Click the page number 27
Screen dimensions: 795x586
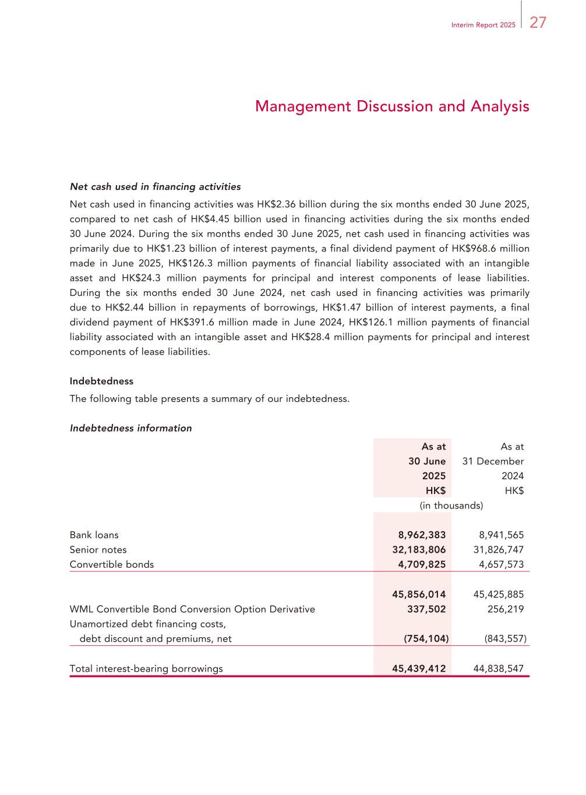(x=538, y=23)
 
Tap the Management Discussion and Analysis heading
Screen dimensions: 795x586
(x=392, y=107)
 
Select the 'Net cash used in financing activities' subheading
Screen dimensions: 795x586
(x=155, y=187)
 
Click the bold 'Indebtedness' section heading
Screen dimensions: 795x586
(x=101, y=381)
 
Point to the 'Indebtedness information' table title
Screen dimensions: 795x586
(x=130, y=428)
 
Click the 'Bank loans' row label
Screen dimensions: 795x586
(x=94, y=535)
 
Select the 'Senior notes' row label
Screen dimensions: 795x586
(x=98, y=550)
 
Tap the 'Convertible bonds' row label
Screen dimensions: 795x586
(x=112, y=564)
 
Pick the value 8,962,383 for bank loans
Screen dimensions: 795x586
(x=422, y=535)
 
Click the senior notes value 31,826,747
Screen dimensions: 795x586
(x=498, y=550)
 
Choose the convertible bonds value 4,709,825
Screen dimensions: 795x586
(x=422, y=564)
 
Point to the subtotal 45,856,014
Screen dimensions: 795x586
(x=419, y=595)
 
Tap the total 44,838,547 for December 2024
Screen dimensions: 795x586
(x=498, y=669)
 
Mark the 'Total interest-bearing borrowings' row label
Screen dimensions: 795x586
(x=146, y=669)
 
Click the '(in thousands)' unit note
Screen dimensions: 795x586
(x=451, y=506)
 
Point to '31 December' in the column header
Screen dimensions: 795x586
(x=493, y=461)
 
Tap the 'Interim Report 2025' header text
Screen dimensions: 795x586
(x=483, y=25)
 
